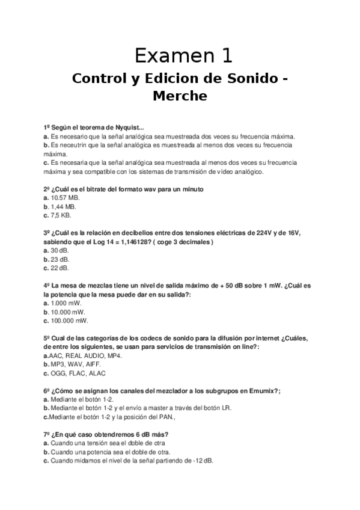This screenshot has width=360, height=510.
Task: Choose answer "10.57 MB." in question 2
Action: pos(65,197)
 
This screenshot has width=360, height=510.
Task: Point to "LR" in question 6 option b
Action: pos(225,408)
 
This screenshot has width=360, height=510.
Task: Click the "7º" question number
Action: pos(47,435)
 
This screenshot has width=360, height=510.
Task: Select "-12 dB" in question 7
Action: pos(201,461)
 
